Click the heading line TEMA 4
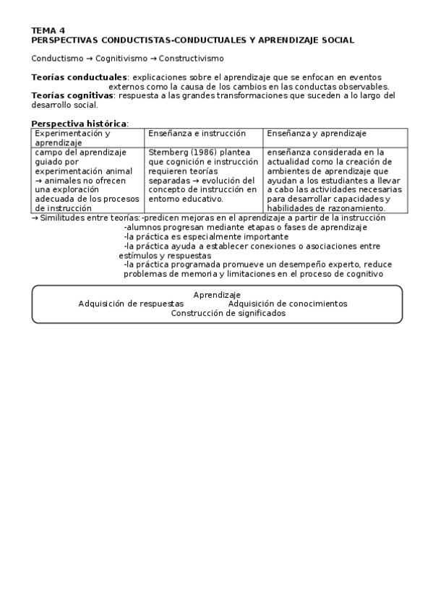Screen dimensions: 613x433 [48, 30]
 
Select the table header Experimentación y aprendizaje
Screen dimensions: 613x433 [72, 138]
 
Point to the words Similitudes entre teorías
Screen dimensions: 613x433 [90, 218]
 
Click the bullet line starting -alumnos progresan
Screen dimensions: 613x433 [245, 227]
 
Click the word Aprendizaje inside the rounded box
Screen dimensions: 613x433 [217, 295]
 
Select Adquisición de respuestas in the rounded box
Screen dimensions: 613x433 [131, 304]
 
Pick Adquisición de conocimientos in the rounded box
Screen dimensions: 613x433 [287, 304]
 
